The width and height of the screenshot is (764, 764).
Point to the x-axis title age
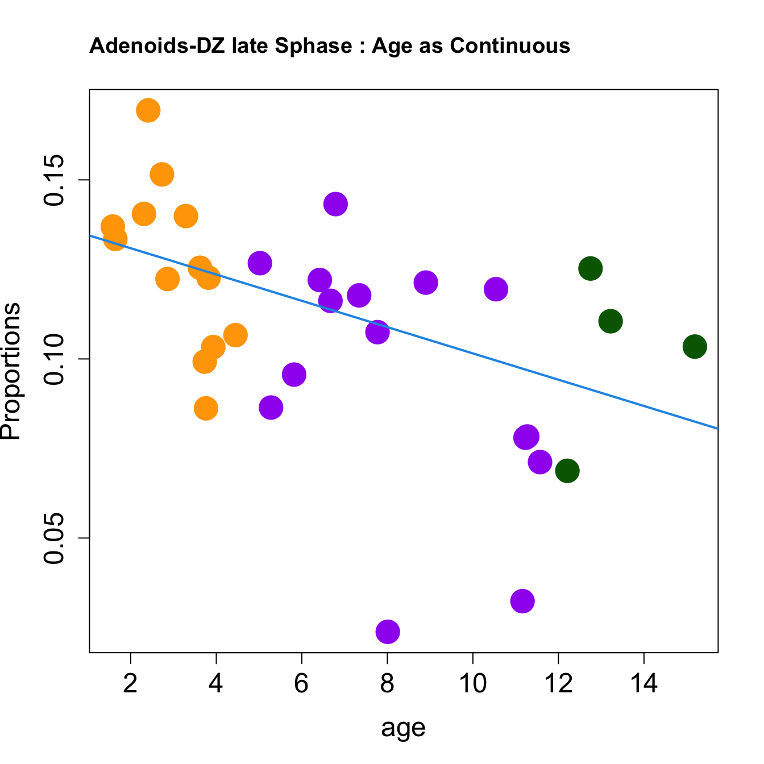[x=403, y=728]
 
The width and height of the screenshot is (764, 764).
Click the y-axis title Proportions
[x=11, y=371]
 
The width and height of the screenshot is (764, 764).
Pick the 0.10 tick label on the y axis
[x=55, y=359]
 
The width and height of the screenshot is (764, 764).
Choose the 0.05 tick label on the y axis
[x=55, y=538]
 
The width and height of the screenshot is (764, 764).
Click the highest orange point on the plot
[x=148, y=110]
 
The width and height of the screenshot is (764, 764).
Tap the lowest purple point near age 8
[x=388, y=632]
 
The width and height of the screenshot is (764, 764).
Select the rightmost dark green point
[x=695, y=346]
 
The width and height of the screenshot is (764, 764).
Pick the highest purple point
[x=335, y=204]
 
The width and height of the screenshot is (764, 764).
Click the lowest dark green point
[x=567, y=471]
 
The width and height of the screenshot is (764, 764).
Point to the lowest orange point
[x=206, y=408]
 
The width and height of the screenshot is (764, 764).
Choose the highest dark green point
[x=591, y=268]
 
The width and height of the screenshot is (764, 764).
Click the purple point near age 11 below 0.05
[x=522, y=601]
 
